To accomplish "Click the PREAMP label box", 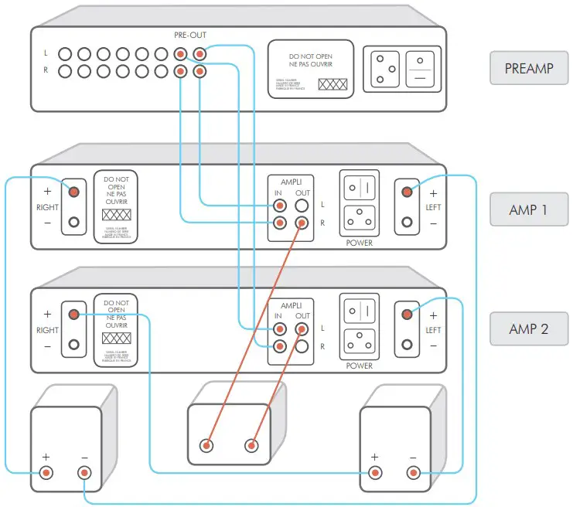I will (529, 68).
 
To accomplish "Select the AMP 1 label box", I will (529, 209).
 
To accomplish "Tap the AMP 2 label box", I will (529, 328).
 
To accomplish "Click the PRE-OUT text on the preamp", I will (190, 35).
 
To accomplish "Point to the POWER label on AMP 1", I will (359, 243).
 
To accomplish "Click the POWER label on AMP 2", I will (359, 366).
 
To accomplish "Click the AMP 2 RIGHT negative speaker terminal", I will (73, 345).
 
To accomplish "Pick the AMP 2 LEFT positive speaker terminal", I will (408, 315).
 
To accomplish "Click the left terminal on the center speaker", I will (206, 445).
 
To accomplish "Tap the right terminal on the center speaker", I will (251, 445).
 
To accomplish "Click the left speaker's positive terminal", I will (47, 472).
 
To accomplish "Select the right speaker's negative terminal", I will (413, 472).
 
